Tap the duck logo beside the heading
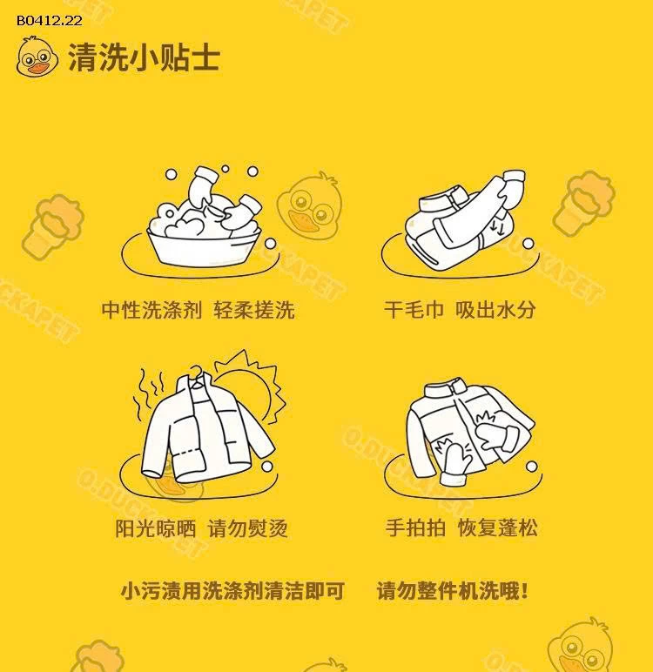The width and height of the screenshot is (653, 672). pyautogui.click(x=37, y=57)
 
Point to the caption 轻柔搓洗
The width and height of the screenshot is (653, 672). pyautogui.click(x=254, y=310)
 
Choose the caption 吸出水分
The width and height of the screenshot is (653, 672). pyautogui.click(x=495, y=310)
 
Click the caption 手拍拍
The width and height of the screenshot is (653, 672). pyautogui.click(x=414, y=528)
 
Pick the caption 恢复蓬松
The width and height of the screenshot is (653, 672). pyautogui.click(x=498, y=528)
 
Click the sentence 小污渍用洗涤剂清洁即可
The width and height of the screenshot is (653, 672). pyautogui.click(x=232, y=592)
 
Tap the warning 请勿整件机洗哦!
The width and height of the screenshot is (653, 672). pyautogui.click(x=453, y=592)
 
